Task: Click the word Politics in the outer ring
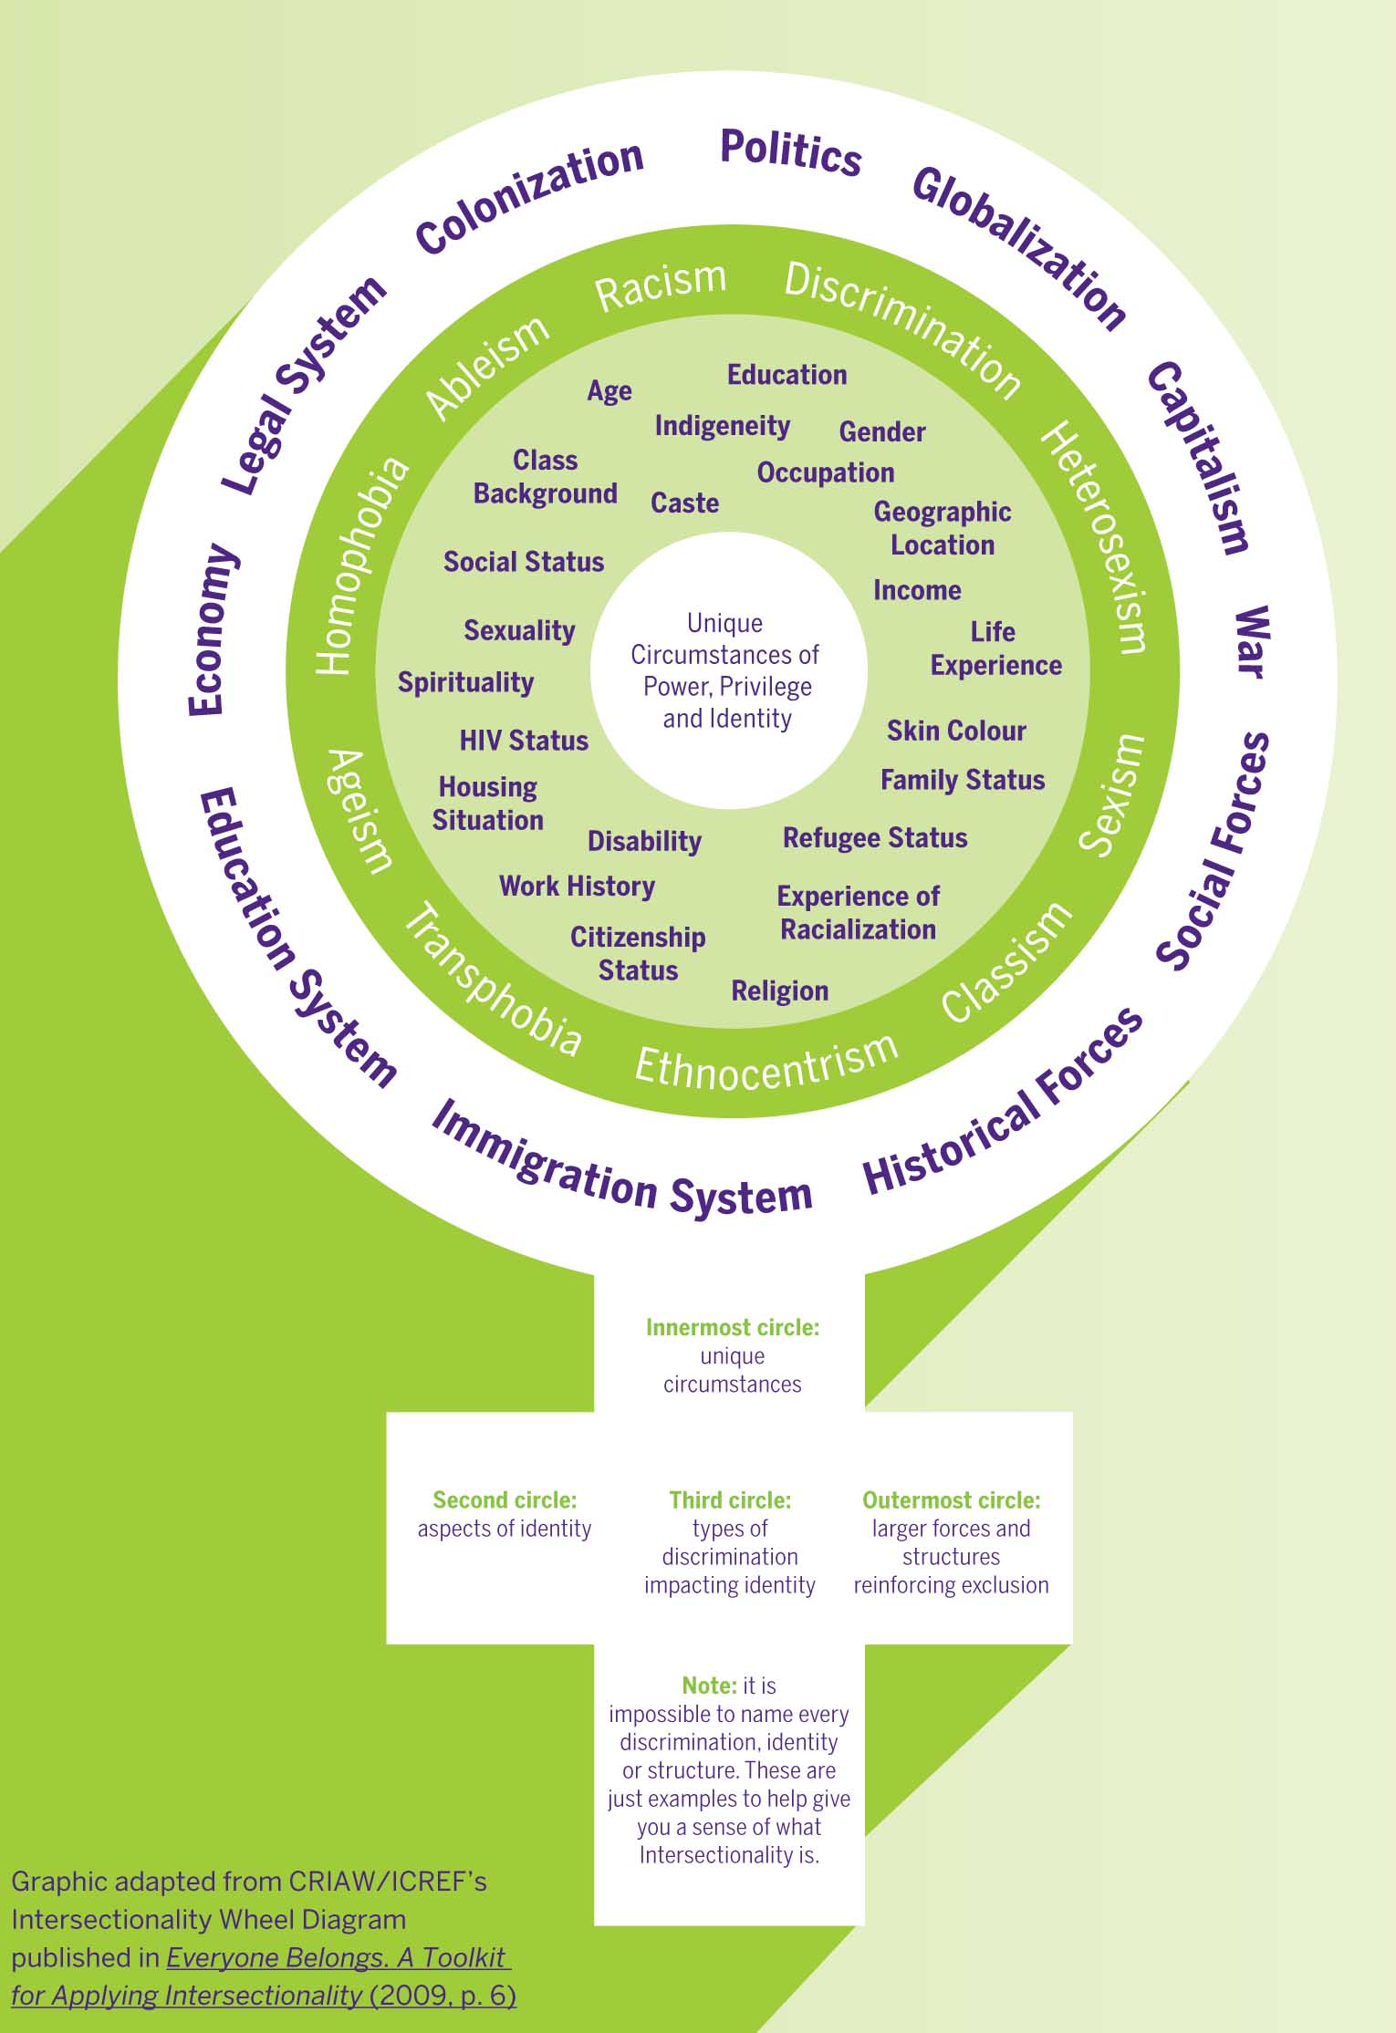(790, 152)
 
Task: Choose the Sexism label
(1111, 794)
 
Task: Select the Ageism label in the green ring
(359, 811)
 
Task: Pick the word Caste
(684, 503)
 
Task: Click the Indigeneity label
(722, 426)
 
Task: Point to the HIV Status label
(524, 740)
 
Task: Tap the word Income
(917, 590)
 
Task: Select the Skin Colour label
(956, 731)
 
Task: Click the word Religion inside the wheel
(779, 991)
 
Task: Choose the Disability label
(644, 841)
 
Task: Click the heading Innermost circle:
(732, 1327)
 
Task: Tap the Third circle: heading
(730, 1499)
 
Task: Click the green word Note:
(709, 1685)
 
